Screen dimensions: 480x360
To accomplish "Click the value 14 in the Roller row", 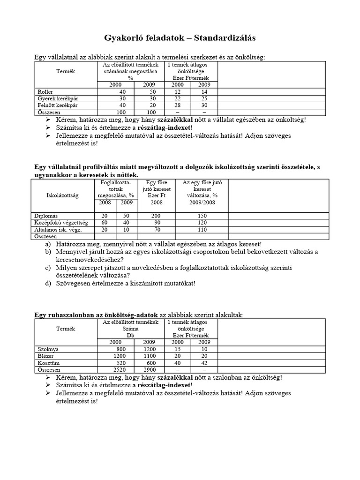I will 204,92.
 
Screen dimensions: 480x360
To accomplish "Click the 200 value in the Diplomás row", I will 156,216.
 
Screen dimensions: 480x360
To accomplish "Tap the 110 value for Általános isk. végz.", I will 202,230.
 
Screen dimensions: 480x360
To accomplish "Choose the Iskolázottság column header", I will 62,194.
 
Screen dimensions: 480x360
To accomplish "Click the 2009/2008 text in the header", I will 202,202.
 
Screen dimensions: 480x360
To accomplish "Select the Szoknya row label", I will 48,349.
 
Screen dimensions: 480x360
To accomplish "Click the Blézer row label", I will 45,356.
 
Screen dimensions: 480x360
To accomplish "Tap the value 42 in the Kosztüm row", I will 204,363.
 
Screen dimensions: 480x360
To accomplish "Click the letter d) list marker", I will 48,283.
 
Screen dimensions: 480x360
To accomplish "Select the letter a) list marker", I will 48,244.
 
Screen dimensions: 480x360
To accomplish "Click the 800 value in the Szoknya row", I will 121,349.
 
